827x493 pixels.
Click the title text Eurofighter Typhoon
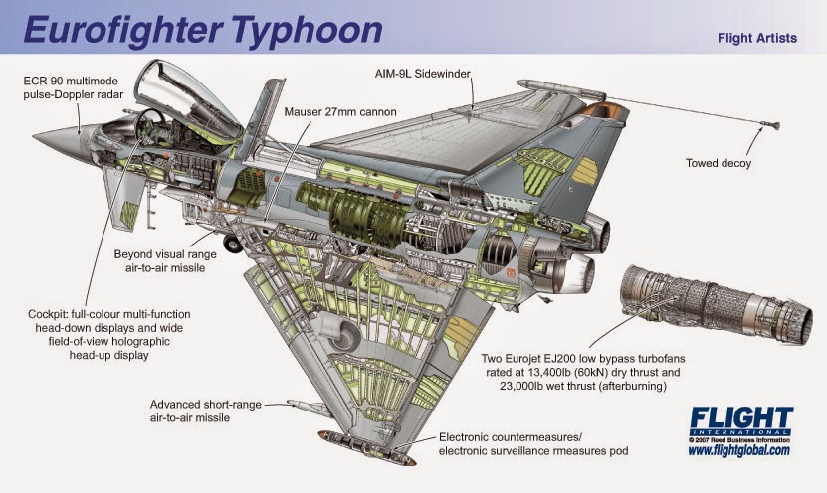coord(202,29)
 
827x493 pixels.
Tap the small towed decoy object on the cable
coord(772,125)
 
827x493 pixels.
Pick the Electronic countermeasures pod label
coord(532,444)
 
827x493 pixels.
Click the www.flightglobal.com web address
coord(738,450)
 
